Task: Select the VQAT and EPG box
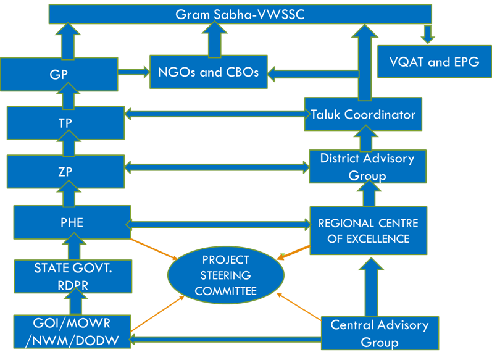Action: click(x=434, y=62)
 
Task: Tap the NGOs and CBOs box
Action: click(x=207, y=72)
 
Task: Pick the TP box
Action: click(x=65, y=122)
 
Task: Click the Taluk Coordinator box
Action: click(x=363, y=114)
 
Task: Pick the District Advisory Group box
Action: click(x=367, y=167)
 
